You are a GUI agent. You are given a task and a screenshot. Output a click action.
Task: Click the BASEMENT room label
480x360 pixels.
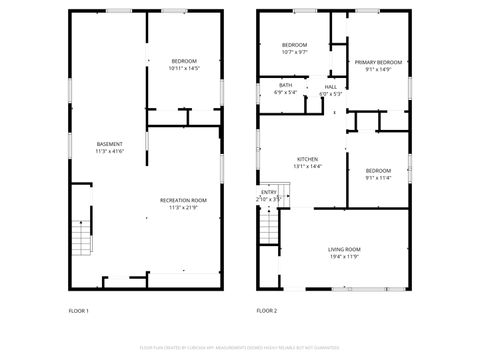(x=110, y=145)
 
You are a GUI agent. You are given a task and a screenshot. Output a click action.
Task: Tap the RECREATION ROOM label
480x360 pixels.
(x=183, y=201)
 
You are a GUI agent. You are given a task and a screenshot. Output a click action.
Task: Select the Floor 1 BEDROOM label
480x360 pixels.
(x=184, y=62)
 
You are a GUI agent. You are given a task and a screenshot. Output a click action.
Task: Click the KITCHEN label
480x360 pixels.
(x=307, y=160)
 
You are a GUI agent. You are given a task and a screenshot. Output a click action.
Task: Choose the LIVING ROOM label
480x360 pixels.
(x=344, y=249)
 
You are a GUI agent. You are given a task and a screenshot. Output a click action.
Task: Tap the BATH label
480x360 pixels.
(x=286, y=85)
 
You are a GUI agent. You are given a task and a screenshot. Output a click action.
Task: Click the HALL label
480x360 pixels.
(x=330, y=87)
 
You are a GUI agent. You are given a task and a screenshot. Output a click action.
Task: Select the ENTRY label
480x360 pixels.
(x=269, y=192)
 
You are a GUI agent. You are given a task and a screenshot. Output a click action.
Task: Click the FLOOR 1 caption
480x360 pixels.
(x=78, y=311)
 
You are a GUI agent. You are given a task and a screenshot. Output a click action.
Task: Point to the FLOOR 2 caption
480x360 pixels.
(x=266, y=311)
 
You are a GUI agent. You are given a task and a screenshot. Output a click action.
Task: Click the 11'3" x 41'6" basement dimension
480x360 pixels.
(x=110, y=152)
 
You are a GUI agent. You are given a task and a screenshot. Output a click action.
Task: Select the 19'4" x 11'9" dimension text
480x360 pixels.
(x=344, y=256)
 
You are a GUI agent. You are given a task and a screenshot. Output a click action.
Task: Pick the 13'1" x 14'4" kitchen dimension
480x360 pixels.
(x=307, y=167)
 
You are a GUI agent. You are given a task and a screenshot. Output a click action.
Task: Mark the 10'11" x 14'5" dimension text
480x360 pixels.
(x=184, y=69)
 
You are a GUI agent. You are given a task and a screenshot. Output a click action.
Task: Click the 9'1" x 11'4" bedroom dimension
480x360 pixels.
(x=378, y=177)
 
